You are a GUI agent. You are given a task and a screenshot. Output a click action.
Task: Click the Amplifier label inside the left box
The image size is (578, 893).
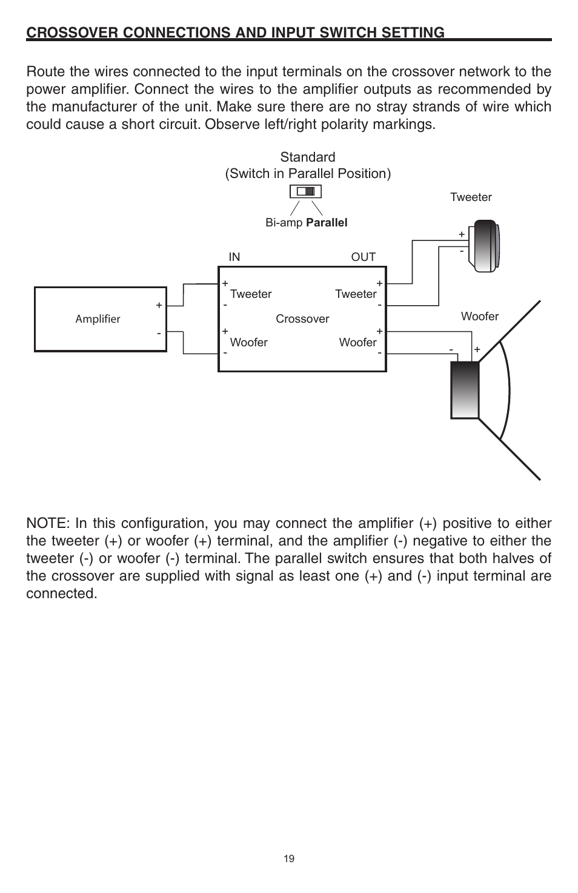98,319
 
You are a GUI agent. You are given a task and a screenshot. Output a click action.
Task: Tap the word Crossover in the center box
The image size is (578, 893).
302,319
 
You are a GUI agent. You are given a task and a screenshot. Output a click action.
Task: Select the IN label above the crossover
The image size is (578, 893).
234,257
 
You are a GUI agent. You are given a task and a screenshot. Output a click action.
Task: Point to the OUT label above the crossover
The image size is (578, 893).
364,257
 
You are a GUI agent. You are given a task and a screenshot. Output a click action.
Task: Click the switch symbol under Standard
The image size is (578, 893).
305,192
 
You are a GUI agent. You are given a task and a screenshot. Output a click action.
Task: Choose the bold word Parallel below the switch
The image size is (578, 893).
327,222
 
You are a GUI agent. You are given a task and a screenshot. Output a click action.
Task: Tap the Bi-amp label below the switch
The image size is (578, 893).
284,223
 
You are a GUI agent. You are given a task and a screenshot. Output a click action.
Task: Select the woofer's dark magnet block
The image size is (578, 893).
465,390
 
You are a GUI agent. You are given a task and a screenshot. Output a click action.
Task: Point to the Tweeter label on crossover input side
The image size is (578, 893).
250,294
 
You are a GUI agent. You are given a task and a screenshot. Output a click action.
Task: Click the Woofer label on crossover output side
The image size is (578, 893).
358,343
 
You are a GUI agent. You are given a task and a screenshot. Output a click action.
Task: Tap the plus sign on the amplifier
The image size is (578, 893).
159,305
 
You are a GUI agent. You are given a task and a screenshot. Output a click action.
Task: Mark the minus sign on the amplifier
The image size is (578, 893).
159,333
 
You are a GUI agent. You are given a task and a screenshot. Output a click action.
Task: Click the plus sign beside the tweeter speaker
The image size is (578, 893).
462,234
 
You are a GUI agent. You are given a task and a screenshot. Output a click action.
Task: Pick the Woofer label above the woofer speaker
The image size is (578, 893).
480,317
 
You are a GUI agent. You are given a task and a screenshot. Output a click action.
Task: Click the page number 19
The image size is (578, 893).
289,858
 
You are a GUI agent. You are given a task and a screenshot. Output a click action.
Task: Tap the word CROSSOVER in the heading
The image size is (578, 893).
72,32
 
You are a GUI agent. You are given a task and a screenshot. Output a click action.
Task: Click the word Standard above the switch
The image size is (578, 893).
308,157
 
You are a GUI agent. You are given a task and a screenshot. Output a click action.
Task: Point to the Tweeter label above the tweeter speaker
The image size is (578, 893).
471,197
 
